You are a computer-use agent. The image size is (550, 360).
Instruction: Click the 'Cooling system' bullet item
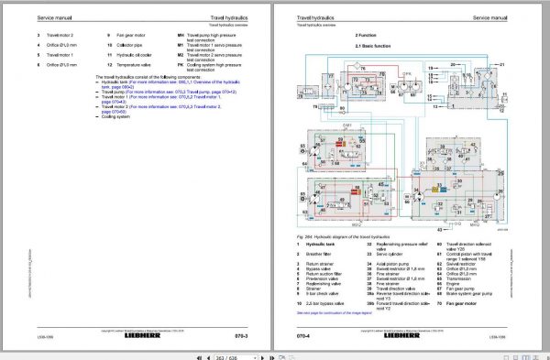point(114,118)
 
